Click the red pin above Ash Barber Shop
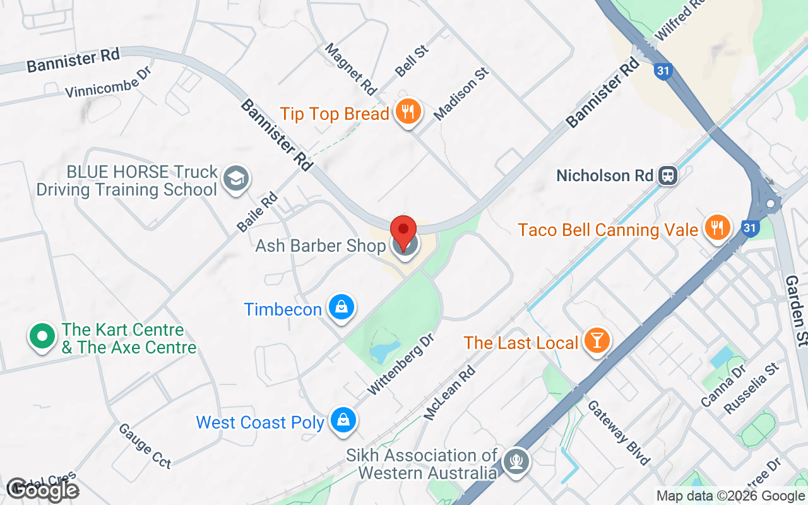403,229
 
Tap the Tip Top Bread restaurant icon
408,112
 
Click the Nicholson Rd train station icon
667,175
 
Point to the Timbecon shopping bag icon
341,307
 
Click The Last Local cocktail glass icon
596,340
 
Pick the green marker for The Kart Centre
42,336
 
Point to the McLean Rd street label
449,393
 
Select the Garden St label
797,311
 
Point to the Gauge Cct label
145,446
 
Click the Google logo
42,490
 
